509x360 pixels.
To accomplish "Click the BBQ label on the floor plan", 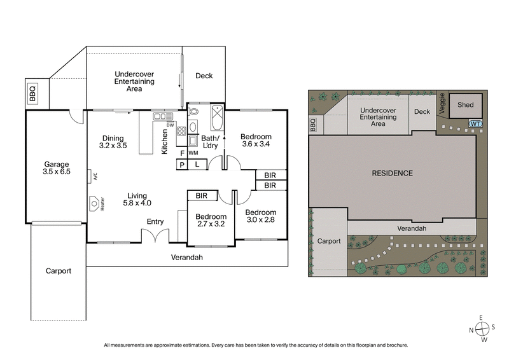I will pos(32,93).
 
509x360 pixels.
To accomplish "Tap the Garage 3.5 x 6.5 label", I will pos(56,168).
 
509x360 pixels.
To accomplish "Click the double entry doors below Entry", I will pos(155,236).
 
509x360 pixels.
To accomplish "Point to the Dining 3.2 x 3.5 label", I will pos(113,141).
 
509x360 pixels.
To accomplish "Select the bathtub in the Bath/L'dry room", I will pos(216,116).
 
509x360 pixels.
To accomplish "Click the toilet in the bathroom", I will pos(194,112).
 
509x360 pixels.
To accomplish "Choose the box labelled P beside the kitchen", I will pos(182,164).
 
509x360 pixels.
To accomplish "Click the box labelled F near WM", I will pos(182,153).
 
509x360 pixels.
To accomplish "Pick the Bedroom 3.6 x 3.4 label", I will pos(256,141).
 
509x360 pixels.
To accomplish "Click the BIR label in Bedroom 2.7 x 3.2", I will pos(203,195).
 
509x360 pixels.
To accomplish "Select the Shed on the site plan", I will pos(466,105).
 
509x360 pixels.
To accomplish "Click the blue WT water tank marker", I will pos(474,123).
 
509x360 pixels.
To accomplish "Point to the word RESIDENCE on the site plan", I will pos(393,173).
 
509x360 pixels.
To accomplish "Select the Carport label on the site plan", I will pos(328,241).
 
